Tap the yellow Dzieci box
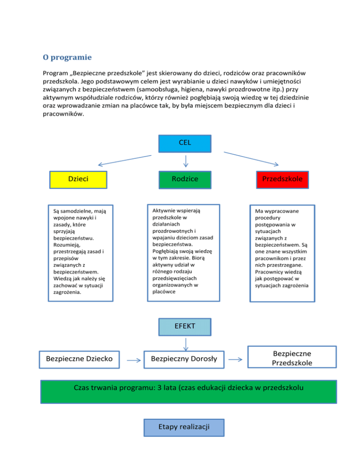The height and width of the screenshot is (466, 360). [x=78, y=179]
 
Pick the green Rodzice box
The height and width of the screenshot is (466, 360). [x=185, y=179]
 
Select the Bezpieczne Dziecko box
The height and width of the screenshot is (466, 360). [x=79, y=360]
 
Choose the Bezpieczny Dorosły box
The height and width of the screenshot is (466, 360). [x=184, y=360]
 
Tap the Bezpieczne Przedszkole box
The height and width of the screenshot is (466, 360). [x=292, y=358]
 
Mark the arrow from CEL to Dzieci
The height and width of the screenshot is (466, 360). [x=124, y=160]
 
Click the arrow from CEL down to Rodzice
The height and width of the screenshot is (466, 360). [x=186, y=161]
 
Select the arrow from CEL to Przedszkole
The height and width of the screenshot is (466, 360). [x=251, y=158]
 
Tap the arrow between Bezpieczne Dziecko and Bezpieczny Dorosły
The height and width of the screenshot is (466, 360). [x=135, y=361]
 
